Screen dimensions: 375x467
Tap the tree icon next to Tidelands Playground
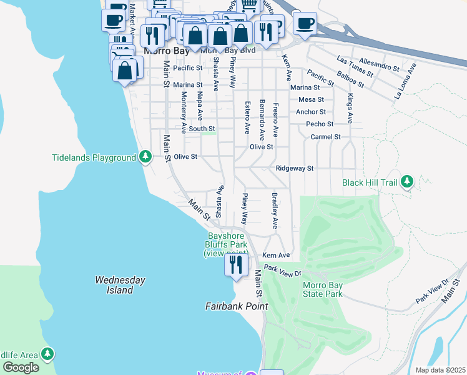(145, 157)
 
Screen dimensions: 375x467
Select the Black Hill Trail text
(369, 182)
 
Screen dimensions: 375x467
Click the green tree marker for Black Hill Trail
(407, 181)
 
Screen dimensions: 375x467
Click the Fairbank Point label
(237, 306)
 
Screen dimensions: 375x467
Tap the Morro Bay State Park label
(323, 290)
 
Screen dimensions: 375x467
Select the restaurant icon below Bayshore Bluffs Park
(236, 265)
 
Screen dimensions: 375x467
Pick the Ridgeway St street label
(294, 168)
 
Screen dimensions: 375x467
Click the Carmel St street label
(325, 136)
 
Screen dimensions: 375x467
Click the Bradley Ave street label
(273, 209)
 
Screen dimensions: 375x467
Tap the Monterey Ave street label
(184, 112)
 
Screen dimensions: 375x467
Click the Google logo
(21, 367)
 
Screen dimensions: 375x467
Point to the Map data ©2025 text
(441, 370)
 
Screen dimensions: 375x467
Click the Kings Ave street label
(350, 109)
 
